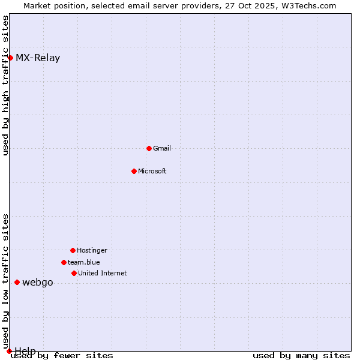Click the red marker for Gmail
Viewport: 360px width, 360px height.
[x=149, y=148]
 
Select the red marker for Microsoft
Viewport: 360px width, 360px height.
[x=134, y=171]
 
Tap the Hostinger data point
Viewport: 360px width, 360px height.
[x=73, y=250]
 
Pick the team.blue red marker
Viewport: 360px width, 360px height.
[x=64, y=262]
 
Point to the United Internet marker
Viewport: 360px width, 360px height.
[x=74, y=273]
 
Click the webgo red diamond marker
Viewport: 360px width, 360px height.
[x=17, y=282]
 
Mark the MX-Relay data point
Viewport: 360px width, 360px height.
[x=10, y=58]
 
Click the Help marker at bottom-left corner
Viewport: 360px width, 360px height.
[x=9, y=351]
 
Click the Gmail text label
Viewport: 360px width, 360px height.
[x=162, y=148]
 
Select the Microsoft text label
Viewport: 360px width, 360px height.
[x=152, y=171]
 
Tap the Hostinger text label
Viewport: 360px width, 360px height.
[x=92, y=250]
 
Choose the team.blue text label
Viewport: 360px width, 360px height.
[x=84, y=262]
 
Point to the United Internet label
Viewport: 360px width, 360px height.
[x=103, y=273]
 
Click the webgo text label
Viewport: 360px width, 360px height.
[x=38, y=283]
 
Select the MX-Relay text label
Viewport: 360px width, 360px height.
[x=38, y=58]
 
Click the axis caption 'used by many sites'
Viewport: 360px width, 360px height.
[x=301, y=356]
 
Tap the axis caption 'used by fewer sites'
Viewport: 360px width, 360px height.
[x=62, y=356]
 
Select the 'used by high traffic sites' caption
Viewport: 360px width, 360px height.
[x=6, y=85]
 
